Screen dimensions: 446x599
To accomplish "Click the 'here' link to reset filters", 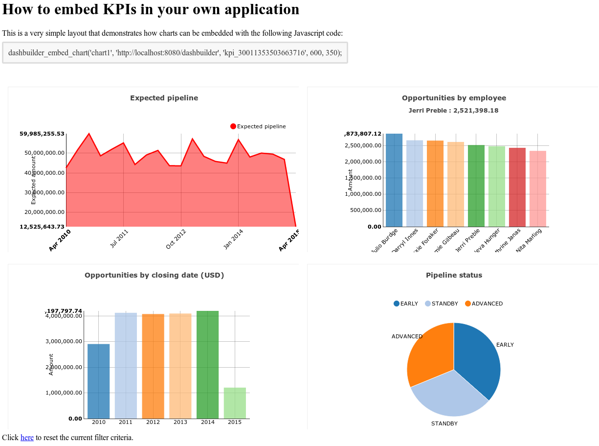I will [x=27, y=438].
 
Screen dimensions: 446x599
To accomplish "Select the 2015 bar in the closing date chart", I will [x=235, y=403].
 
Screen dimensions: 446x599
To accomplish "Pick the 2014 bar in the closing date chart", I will [x=207, y=365].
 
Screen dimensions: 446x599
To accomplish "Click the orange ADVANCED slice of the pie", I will [x=428, y=352].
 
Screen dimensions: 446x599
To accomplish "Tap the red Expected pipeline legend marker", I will [x=233, y=126].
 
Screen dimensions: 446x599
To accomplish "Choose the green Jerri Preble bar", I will [x=476, y=186].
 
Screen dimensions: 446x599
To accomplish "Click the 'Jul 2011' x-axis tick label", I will [x=119, y=238].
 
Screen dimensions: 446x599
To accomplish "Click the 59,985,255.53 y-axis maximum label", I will [x=42, y=134].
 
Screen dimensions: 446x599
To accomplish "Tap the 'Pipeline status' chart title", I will [x=454, y=275].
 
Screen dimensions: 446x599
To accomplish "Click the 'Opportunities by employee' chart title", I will [x=454, y=98].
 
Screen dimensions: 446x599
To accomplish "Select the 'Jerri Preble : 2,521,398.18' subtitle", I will [x=453, y=111].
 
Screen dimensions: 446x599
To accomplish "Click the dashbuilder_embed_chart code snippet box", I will [x=175, y=52].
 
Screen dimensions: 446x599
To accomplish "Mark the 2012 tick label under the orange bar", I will [x=153, y=422].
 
